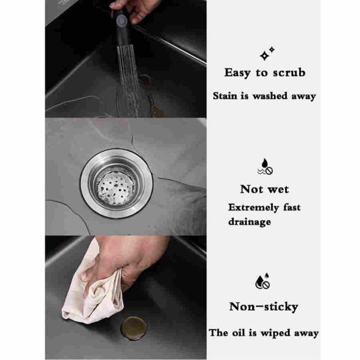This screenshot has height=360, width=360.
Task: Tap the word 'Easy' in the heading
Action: (x=237, y=73)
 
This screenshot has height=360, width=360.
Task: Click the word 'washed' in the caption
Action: (x=270, y=96)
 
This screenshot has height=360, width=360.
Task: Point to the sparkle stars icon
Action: (x=267, y=53)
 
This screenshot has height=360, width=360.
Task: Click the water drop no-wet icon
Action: (x=265, y=166)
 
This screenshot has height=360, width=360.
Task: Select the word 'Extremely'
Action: (x=254, y=208)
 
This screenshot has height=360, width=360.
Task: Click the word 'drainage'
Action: (x=250, y=222)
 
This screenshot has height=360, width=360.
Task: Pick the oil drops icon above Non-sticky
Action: (x=263, y=281)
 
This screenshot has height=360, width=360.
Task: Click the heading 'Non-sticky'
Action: (x=264, y=307)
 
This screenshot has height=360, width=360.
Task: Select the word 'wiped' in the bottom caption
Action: (x=276, y=334)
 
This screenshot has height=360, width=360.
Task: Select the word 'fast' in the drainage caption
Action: (x=292, y=208)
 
